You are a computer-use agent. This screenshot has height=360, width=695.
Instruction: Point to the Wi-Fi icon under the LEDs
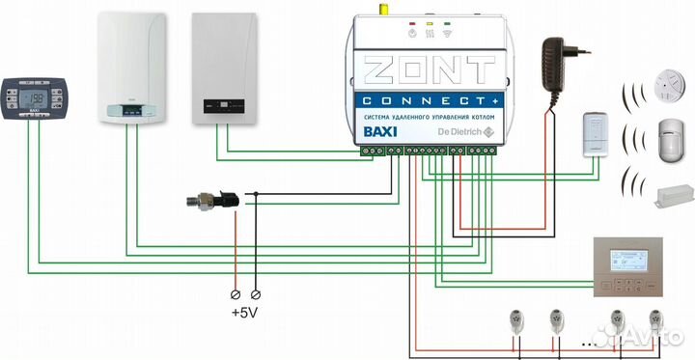tap(447, 33)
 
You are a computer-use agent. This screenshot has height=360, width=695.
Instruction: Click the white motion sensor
tap(664, 136)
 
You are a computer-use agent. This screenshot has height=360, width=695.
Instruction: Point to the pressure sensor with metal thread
tap(208, 202)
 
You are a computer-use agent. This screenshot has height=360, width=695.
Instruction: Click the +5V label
tap(244, 313)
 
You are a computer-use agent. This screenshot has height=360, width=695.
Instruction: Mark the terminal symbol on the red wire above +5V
tap(235, 291)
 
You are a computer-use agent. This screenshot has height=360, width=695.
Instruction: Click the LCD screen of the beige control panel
tap(633, 262)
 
